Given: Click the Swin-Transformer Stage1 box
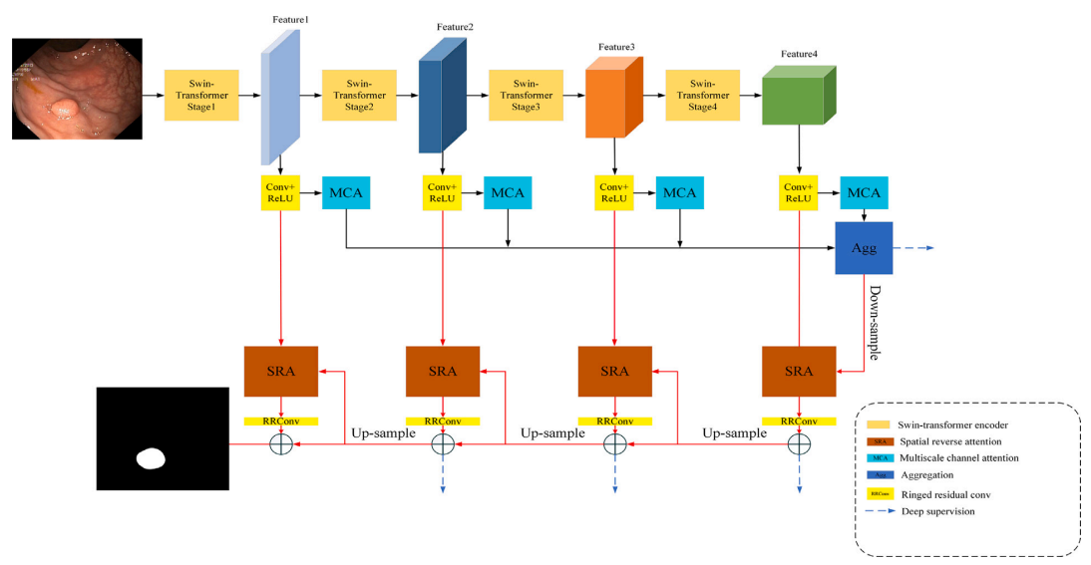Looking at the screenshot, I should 201,95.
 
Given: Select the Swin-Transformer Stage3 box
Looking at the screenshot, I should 526,95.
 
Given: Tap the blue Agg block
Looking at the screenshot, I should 864,248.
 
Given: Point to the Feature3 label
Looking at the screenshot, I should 616,47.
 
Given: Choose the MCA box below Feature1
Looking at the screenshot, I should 345,192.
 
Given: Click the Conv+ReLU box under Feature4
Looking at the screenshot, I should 798,192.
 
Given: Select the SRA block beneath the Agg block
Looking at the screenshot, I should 798,371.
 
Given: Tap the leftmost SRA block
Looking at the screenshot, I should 281,371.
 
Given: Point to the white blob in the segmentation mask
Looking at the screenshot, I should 152,458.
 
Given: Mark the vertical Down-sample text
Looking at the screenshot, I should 874,323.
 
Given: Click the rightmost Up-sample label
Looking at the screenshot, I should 735,433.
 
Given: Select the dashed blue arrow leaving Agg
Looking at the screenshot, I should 914,247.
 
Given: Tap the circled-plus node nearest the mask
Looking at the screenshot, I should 281,444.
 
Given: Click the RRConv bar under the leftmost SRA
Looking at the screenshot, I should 281,422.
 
